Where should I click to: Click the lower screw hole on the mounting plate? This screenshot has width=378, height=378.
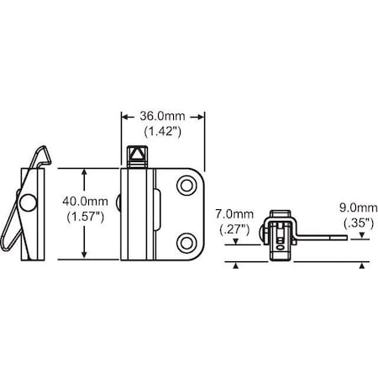(x=186, y=243)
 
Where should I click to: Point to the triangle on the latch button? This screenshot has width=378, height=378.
(x=134, y=157)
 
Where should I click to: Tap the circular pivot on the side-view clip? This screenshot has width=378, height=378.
(x=29, y=203)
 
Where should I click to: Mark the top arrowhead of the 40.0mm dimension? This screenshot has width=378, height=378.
(x=83, y=173)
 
